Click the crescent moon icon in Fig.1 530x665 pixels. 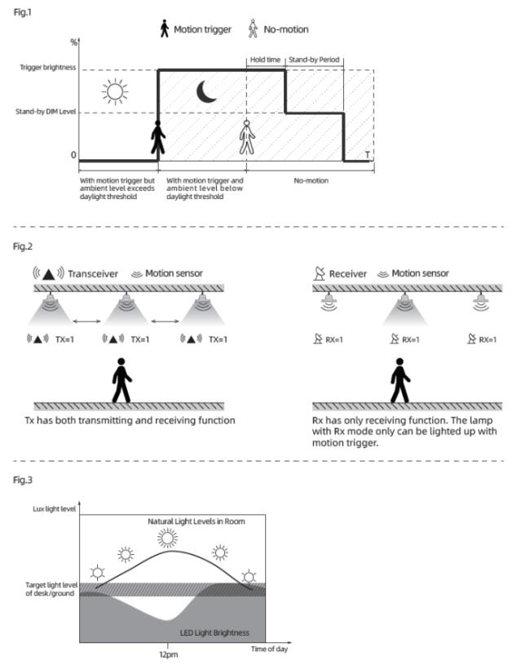[207, 91]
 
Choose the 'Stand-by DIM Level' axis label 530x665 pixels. [46, 113]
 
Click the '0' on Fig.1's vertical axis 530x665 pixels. [73, 155]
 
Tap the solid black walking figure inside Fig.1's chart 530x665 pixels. [158, 138]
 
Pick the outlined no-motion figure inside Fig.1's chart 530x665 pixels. [246, 138]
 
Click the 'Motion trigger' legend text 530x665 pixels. [201, 29]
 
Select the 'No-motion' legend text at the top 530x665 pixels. [286, 29]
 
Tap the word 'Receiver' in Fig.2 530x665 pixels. [348, 273]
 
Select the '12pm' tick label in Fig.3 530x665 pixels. [169, 653]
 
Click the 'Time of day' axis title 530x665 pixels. [269, 649]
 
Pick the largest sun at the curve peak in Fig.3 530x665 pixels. [168, 537]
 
